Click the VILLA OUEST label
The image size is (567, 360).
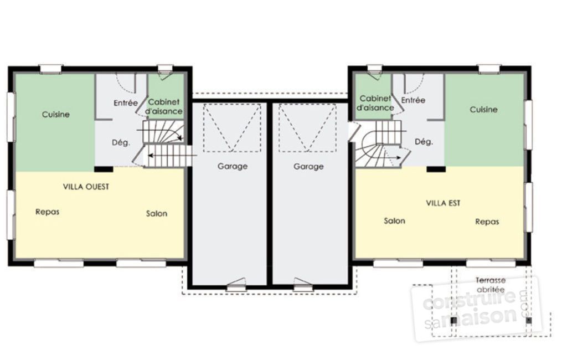tap(86, 187)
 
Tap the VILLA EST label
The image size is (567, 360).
tap(443, 203)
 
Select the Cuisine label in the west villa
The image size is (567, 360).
tap(56, 115)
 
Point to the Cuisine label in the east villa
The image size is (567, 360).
tap(483, 110)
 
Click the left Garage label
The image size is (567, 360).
tap(232, 166)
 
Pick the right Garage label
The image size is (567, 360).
tap(308, 166)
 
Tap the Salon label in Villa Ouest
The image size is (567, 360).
tap(157, 213)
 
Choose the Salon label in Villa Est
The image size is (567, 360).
tap(394, 220)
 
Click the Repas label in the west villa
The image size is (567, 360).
tap(47, 212)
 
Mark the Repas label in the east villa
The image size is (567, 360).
tap(487, 222)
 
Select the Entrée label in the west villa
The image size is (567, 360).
tap(126, 102)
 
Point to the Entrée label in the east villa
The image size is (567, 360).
tap(413, 100)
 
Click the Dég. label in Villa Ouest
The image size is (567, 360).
tap(121, 142)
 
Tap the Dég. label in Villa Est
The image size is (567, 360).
tap(424, 142)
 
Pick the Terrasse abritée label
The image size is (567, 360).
tap(490, 285)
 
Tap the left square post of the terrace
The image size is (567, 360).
tap(453, 320)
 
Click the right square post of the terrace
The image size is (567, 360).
tap(528, 320)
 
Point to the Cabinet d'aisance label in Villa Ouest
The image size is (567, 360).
tap(164, 107)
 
